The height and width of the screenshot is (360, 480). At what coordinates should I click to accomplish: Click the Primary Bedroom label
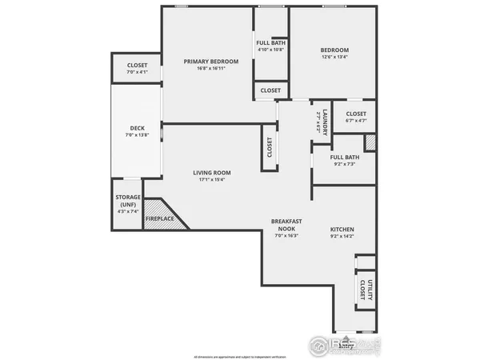pos(211,62)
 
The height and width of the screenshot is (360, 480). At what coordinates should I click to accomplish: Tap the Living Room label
pos(211,173)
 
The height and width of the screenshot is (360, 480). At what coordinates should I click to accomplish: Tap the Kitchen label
pos(342,230)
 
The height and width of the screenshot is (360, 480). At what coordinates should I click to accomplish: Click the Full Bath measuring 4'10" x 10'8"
pos(271,46)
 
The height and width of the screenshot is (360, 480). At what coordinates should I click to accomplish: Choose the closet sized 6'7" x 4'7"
pos(356,118)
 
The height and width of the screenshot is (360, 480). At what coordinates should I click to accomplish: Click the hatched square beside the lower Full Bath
pos(370,142)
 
